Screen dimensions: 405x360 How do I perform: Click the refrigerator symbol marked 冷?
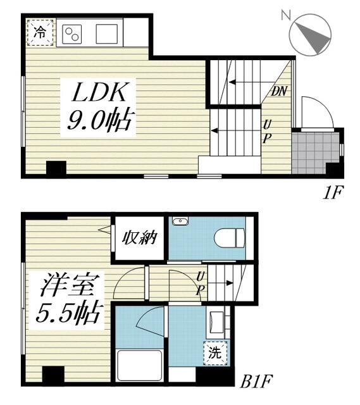40,32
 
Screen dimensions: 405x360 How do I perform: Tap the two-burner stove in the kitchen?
71,34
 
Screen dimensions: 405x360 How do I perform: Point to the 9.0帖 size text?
99,120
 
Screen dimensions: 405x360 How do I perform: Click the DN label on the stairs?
279,91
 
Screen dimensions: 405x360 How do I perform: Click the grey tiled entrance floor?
314,152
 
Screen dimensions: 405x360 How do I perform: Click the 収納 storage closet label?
140,239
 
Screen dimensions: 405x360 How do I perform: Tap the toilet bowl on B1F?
228,239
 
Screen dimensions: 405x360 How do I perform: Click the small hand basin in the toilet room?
180,221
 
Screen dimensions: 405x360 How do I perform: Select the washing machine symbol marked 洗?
216,353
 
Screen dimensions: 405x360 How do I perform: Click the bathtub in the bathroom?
140,365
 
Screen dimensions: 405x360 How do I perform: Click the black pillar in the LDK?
56,169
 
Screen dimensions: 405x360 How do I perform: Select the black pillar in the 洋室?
53,375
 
